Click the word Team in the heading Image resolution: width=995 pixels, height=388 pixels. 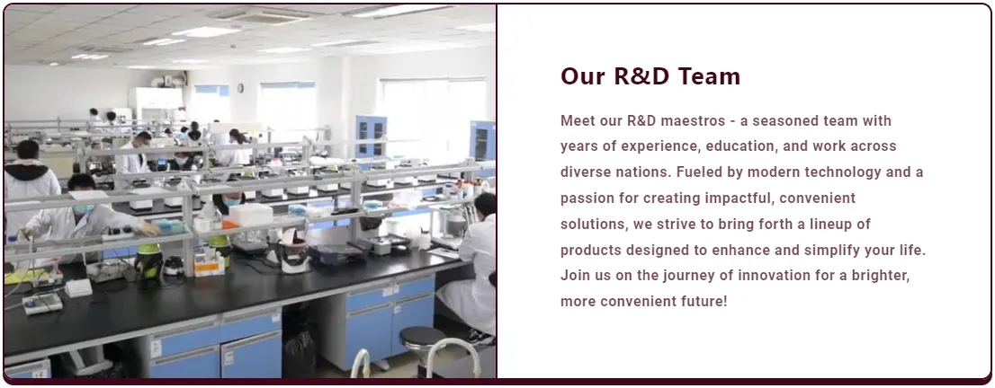coord(709,76)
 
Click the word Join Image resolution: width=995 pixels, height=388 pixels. coord(574,276)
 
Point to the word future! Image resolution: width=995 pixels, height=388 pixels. coord(705,302)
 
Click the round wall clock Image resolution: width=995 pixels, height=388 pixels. coord(240,88)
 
